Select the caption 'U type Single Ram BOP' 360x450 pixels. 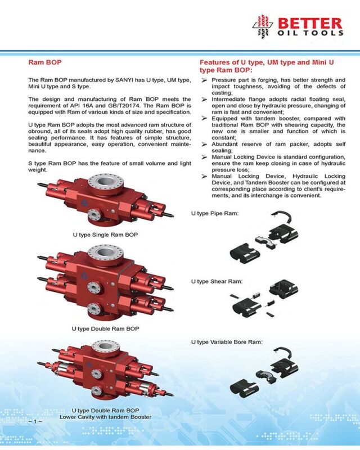coord(105,233)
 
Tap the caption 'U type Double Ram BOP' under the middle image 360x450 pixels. coord(105,328)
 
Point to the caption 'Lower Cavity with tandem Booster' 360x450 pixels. coord(105,417)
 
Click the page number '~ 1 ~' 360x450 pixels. coord(35,421)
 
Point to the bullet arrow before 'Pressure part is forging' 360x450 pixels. coord(204,81)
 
